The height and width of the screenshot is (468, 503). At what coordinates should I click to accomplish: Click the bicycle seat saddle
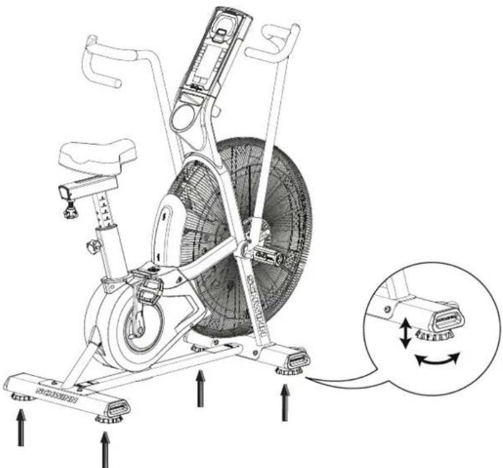[98, 154]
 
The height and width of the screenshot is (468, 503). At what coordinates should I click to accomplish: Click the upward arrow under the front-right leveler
[285, 402]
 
